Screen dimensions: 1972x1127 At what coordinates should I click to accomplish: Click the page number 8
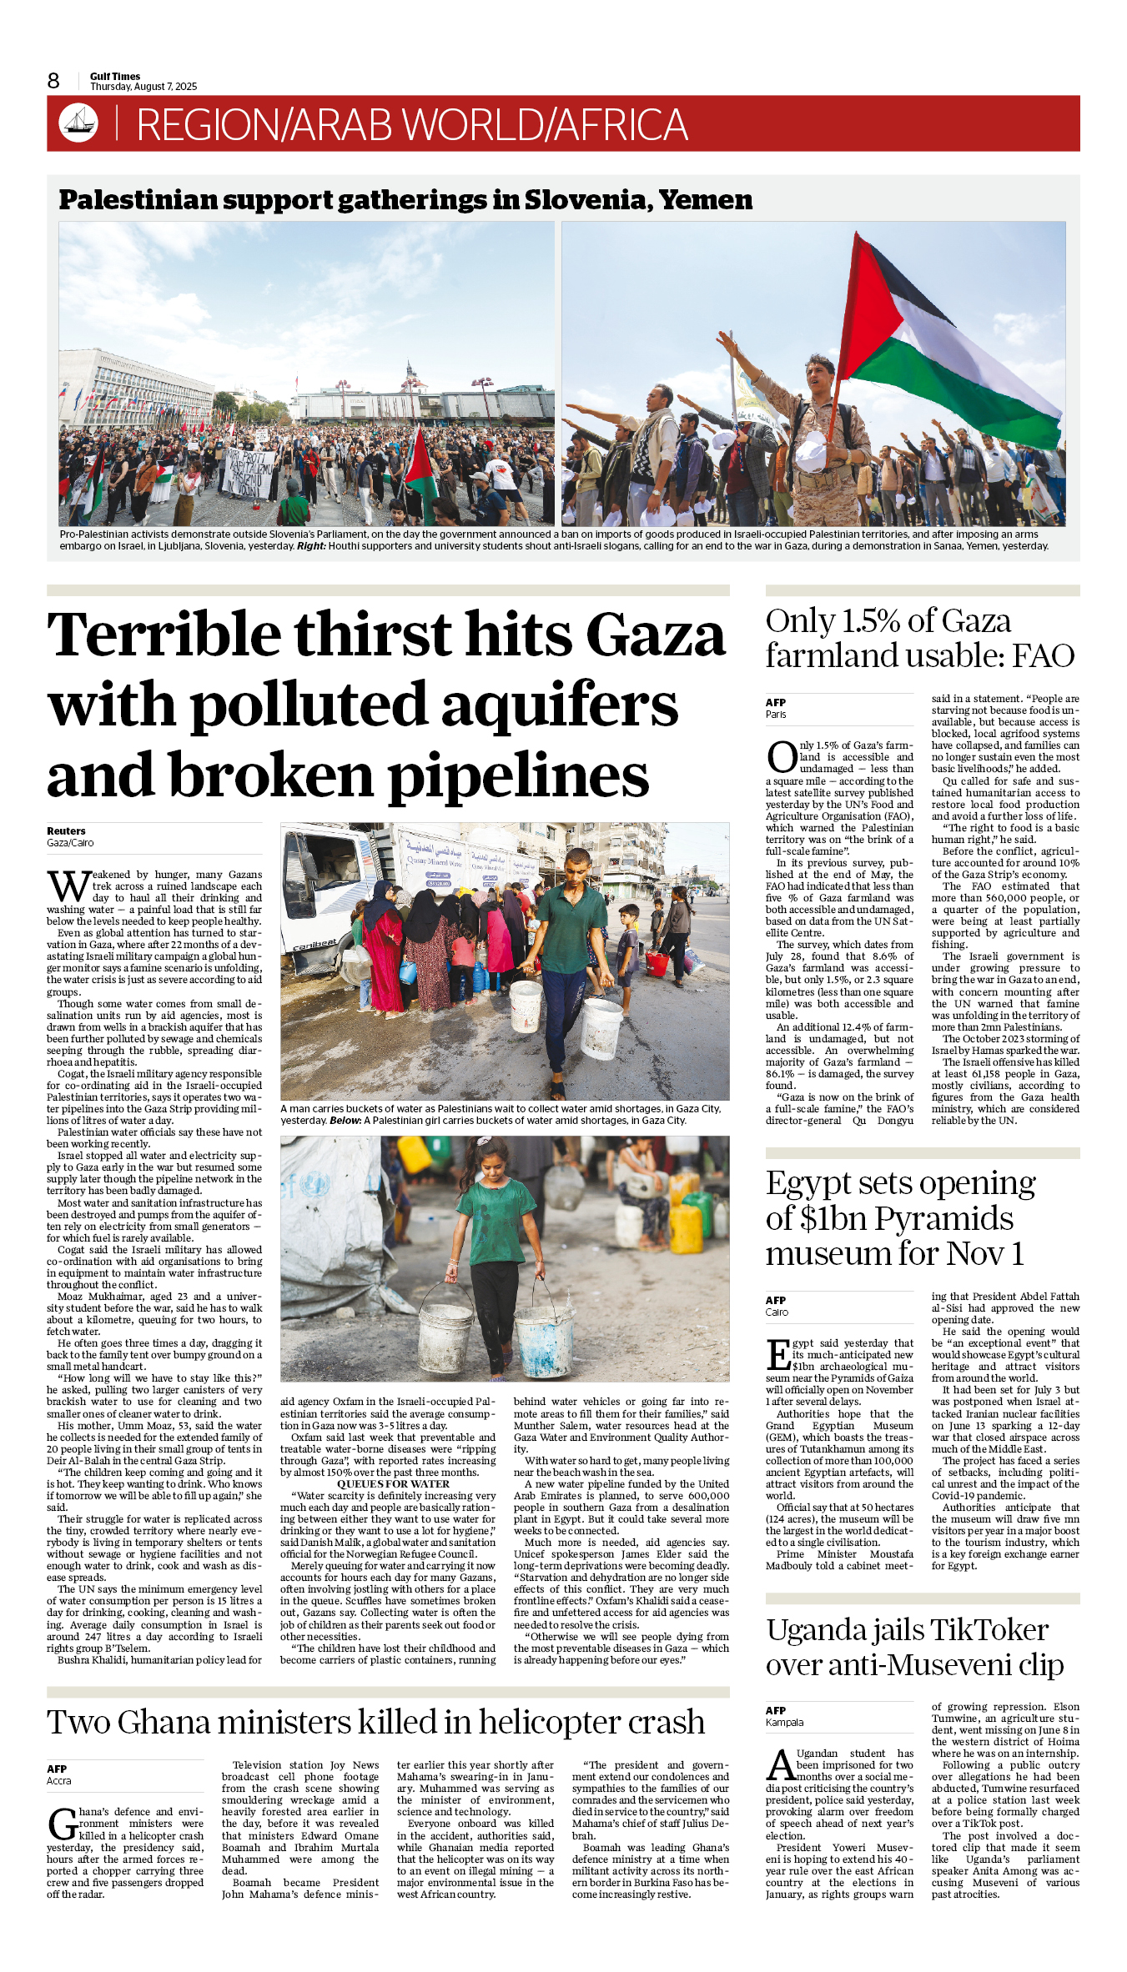click(53, 81)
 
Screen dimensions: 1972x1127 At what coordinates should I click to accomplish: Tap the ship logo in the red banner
click(78, 123)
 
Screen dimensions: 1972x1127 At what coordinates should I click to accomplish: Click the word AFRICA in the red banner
click(621, 125)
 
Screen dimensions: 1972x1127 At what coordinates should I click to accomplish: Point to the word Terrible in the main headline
click(164, 635)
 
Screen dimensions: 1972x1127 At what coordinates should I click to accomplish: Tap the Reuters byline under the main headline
click(66, 830)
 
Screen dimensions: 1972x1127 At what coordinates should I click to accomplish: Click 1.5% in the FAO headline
click(871, 621)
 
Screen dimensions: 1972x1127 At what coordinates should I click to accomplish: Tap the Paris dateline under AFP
click(776, 715)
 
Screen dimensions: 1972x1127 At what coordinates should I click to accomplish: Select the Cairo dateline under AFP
click(777, 1312)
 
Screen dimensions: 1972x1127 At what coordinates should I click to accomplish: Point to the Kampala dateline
click(784, 1722)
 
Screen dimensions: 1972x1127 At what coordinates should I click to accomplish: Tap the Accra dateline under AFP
click(59, 1780)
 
